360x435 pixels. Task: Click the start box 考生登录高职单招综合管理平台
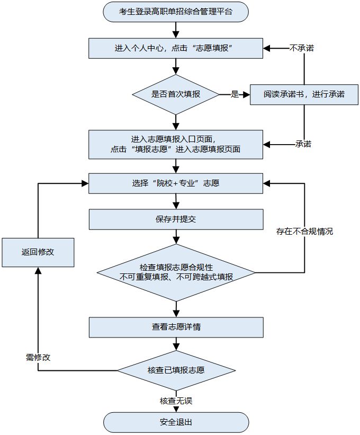(175, 12)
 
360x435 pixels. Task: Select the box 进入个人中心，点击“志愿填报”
(175, 48)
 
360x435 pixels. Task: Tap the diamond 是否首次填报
(175, 95)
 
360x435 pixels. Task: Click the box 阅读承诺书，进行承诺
(304, 94)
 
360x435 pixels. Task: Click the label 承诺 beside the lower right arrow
(303, 144)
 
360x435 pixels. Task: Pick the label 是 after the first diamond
(235, 95)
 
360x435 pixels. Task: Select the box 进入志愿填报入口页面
(175, 144)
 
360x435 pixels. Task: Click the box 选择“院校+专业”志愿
(175, 183)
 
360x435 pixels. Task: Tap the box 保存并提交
(175, 218)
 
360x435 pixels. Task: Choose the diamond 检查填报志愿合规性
(175, 272)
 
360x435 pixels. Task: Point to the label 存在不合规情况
(304, 232)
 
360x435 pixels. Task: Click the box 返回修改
(38, 252)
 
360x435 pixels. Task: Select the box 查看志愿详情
(175, 327)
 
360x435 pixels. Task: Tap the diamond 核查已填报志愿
(175, 370)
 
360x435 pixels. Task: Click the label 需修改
(38, 357)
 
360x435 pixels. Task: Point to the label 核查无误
(175, 401)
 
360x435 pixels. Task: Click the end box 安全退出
(175, 422)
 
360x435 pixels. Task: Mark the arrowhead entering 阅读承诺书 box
(246, 95)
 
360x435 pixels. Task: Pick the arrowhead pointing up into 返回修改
(38, 271)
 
